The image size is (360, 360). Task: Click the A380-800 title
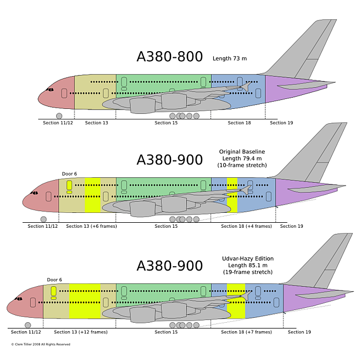pyautogui.click(x=169, y=57)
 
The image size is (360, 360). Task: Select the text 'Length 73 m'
pyautogui.click(x=229, y=58)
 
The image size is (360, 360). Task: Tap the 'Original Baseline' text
pyautogui.click(x=242, y=152)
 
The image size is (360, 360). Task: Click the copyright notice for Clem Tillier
pyautogui.click(x=41, y=344)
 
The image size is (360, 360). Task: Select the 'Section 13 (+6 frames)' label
pyautogui.click(x=91, y=226)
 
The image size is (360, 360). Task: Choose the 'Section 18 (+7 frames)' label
pyautogui.click(x=246, y=332)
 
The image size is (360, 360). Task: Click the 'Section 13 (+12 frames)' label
pyautogui.click(x=81, y=332)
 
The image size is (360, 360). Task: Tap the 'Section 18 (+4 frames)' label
pyautogui.click(x=246, y=226)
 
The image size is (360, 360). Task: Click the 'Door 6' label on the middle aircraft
pyautogui.click(x=69, y=174)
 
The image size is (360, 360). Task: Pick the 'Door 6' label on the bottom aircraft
pyautogui.click(x=54, y=279)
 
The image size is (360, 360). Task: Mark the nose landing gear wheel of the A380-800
pyautogui.click(x=59, y=116)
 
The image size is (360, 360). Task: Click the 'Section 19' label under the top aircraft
pyautogui.click(x=281, y=123)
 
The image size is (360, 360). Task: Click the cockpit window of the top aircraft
pyautogui.click(x=50, y=89)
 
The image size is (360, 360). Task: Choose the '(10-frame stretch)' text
pyautogui.click(x=242, y=166)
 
